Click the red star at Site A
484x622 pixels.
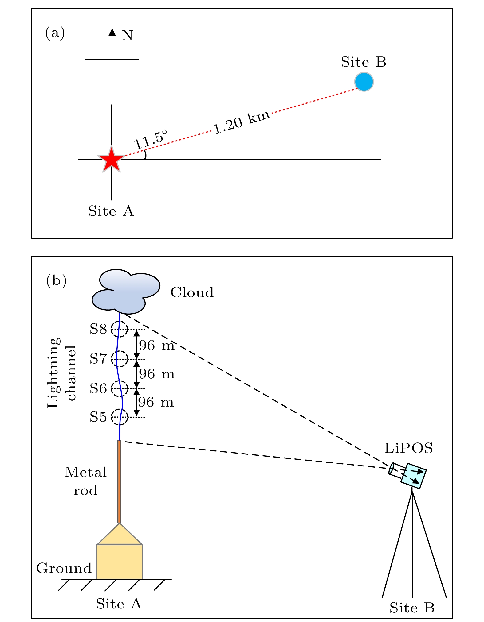111,159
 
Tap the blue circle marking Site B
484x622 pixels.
364,82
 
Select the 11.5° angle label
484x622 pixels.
151,140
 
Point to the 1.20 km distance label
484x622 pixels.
242,122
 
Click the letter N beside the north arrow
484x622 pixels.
128,36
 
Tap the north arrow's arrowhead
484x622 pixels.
112,32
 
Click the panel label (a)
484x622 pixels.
55,33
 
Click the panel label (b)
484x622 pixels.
56,280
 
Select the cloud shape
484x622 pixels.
126,292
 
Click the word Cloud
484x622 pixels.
192,292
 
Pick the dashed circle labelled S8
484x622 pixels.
119,329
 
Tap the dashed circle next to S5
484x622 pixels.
119,417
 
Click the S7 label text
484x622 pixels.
98,359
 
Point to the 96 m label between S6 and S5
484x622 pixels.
156,402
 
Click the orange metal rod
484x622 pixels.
119,481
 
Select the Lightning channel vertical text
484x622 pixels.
61,373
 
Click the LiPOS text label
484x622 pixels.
409,448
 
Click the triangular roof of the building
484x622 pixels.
120,535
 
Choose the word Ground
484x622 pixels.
64,568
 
